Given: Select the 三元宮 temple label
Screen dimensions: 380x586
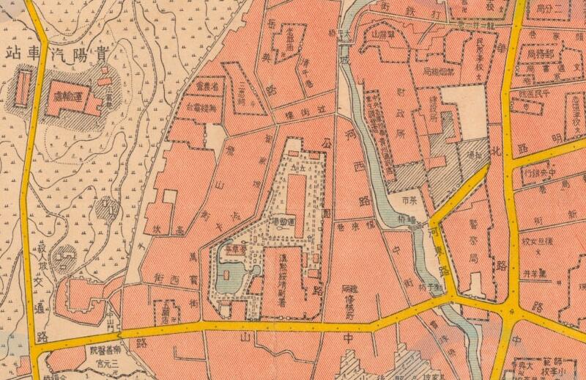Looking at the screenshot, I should pyautogui.click(x=100, y=362).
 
